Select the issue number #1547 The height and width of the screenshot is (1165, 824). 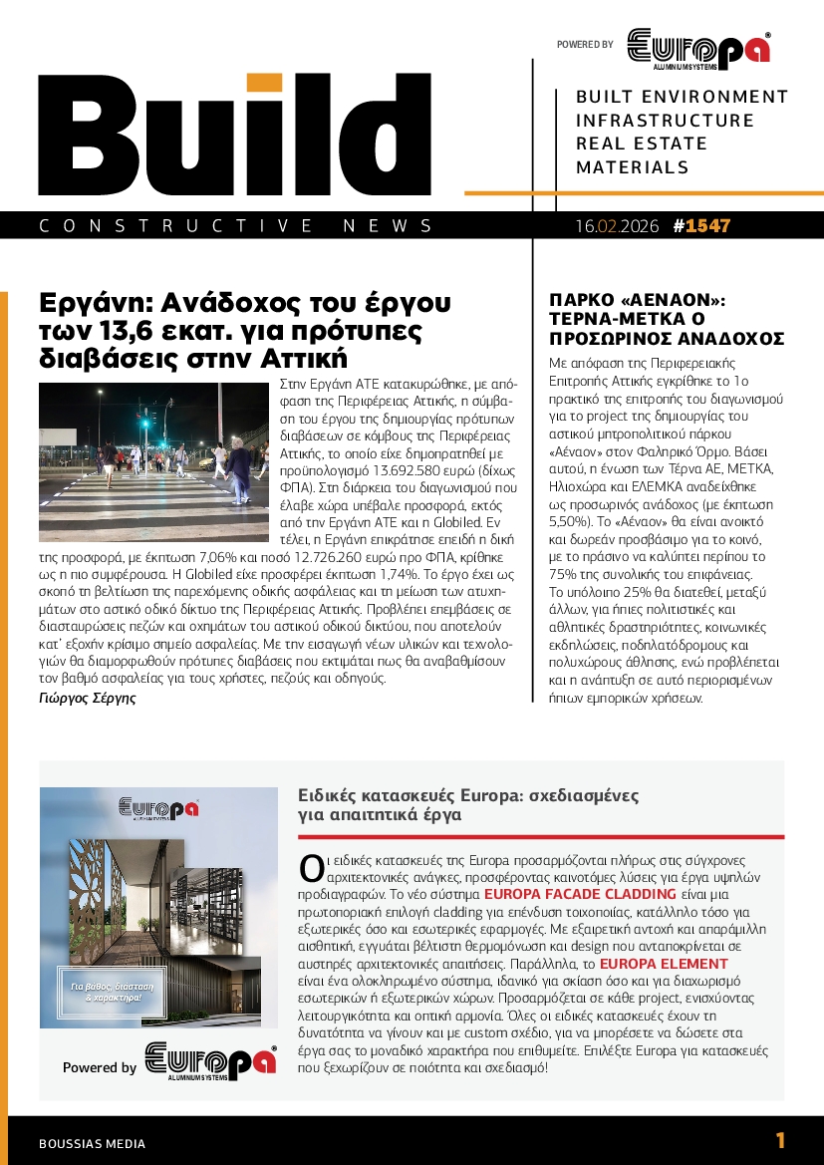tap(701, 226)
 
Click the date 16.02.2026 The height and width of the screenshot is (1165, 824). tap(617, 226)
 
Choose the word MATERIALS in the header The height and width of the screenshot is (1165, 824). tap(633, 167)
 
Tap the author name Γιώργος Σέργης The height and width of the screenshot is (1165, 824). tap(87, 698)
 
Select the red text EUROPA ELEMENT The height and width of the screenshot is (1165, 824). tap(664, 964)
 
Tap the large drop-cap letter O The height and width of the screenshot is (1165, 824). tap(311, 867)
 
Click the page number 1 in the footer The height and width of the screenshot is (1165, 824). tap(780, 1141)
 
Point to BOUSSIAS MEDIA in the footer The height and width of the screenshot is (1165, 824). tap(92, 1144)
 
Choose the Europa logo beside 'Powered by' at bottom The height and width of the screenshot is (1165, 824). tap(209, 1061)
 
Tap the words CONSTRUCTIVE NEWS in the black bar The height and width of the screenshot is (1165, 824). tap(236, 226)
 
